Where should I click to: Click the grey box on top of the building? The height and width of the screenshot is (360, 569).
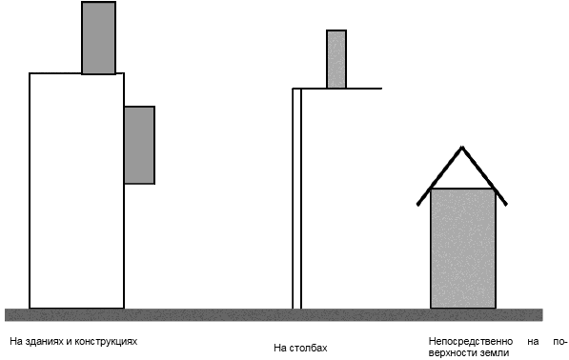tap(99, 38)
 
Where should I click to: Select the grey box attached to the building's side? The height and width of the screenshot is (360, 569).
tap(140, 145)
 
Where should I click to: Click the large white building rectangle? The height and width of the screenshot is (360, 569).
tap(76, 190)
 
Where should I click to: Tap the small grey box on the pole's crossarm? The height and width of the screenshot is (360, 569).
tap(336, 59)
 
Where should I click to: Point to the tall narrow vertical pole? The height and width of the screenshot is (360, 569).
tap(296, 199)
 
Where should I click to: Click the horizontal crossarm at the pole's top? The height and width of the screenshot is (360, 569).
tap(337, 89)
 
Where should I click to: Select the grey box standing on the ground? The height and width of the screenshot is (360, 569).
tap(463, 249)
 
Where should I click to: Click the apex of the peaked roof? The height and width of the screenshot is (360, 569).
tap(462, 147)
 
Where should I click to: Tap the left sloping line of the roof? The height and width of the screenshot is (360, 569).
tap(439, 176)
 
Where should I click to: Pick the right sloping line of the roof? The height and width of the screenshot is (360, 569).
tap(484, 176)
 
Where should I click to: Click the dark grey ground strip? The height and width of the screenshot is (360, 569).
tap(274, 314)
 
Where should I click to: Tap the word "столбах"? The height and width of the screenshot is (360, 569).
tap(309, 348)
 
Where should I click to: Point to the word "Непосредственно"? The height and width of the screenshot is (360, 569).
tap(471, 342)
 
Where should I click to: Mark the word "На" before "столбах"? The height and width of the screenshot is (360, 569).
tap(280, 348)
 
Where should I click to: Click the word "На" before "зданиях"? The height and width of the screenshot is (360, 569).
tap(15, 342)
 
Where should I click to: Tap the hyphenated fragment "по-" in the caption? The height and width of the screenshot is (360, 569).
tap(559, 342)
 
